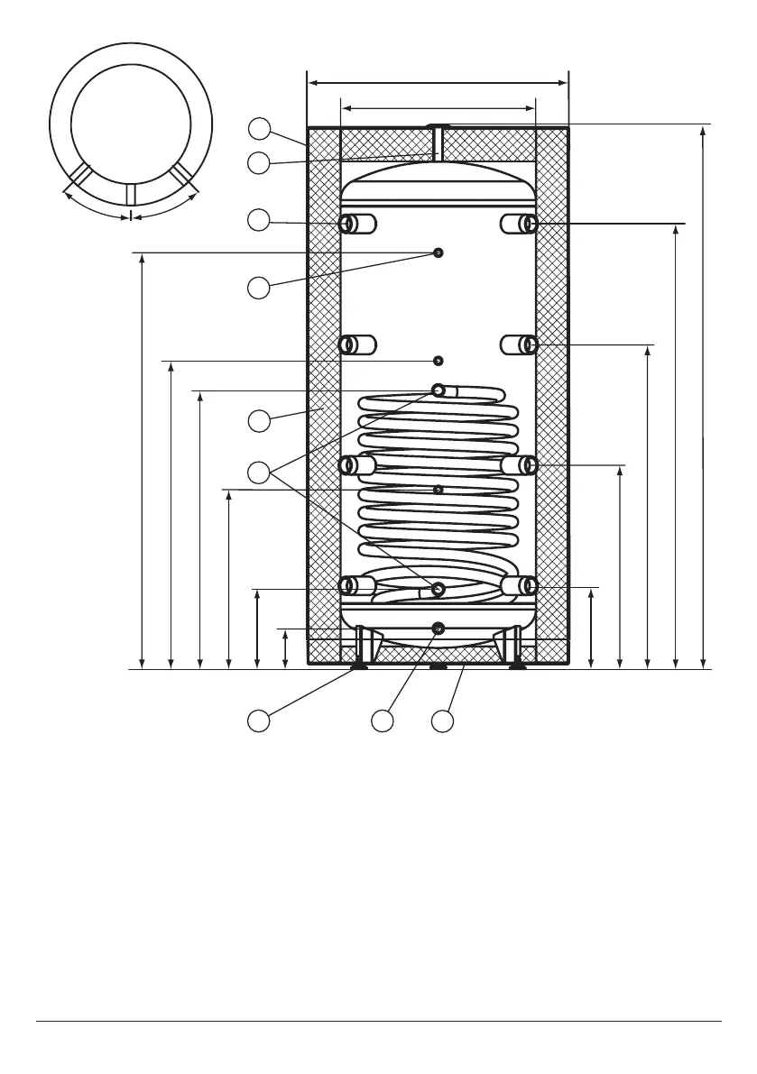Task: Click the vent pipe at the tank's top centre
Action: pyautogui.click(x=439, y=142)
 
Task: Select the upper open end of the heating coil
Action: pyautogui.click(x=439, y=390)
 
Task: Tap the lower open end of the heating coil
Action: pyautogui.click(x=439, y=590)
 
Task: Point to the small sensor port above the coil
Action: pyautogui.click(x=438, y=361)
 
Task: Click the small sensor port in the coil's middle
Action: pyautogui.click(x=438, y=490)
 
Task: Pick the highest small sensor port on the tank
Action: pyautogui.click(x=438, y=252)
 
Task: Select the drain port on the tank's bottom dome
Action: pyautogui.click(x=438, y=629)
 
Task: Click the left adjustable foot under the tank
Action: pyautogui.click(x=360, y=667)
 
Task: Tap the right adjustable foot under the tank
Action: pyautogui.click(x=517, y=667)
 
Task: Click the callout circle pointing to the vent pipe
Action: pyautogui.click(x=259, y=162)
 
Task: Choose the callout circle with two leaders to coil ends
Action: pyautogui.click(x=259, y=470)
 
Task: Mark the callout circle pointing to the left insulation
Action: pyautogui.click(x=259, y=420)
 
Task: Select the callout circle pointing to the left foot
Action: pyautogui.click(x=259, y=721)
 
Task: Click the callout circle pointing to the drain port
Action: pyautogui.click(x=383, y=721)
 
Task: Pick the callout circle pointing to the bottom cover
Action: pyautogui.click(x=442, y=721)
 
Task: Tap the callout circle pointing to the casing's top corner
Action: pyautogui.click(x=259, y=129)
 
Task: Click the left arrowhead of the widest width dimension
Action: pyautogui.click(x=313, y=83)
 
